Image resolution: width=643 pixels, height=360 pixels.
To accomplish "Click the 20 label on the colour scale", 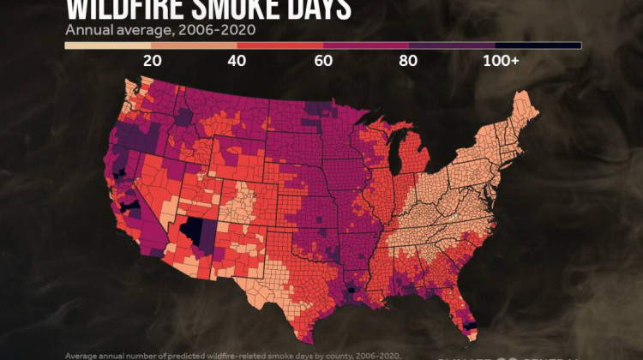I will (x=152, y=60).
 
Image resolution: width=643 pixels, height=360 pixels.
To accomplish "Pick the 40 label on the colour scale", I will (x=237, y=60).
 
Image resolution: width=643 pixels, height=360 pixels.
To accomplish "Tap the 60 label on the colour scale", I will (x=323, y=60).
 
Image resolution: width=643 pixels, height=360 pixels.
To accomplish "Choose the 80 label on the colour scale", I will (x=409, y=60).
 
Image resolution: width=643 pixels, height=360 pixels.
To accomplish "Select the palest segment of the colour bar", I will (x=107, y=45).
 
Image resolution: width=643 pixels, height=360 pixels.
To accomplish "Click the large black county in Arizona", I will (x=199, y=231).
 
